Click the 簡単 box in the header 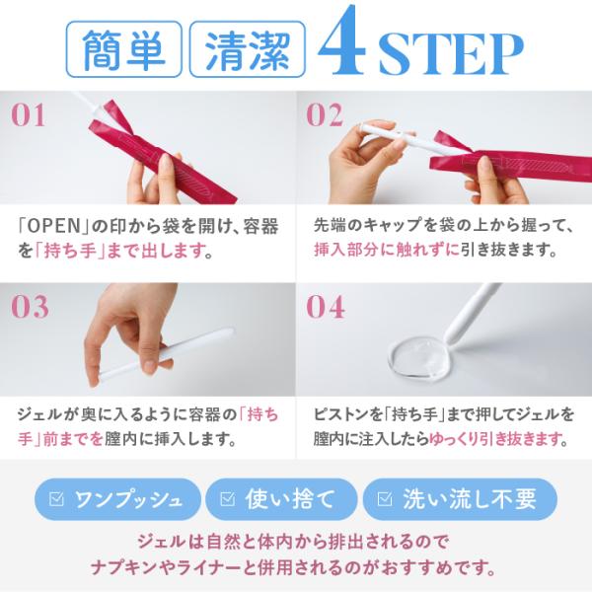tap(124, 49)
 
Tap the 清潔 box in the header tap(248, 49)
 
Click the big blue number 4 tap(342, 41)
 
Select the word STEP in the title tap(451, 54)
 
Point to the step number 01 tap(29, 114)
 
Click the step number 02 tap(325, 114)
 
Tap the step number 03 tap(30, 306)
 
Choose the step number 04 tap(325, 306)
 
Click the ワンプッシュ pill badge tap(117, 498)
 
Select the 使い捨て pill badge tap(281, 498)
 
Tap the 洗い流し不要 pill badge tap(460, 498)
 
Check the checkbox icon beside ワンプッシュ tap(56, 499)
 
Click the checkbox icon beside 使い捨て tap(227, 499)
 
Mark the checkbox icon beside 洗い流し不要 tap(385, 499)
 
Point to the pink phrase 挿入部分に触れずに tap(387, 250)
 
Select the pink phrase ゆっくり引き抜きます tap(495, 439)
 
